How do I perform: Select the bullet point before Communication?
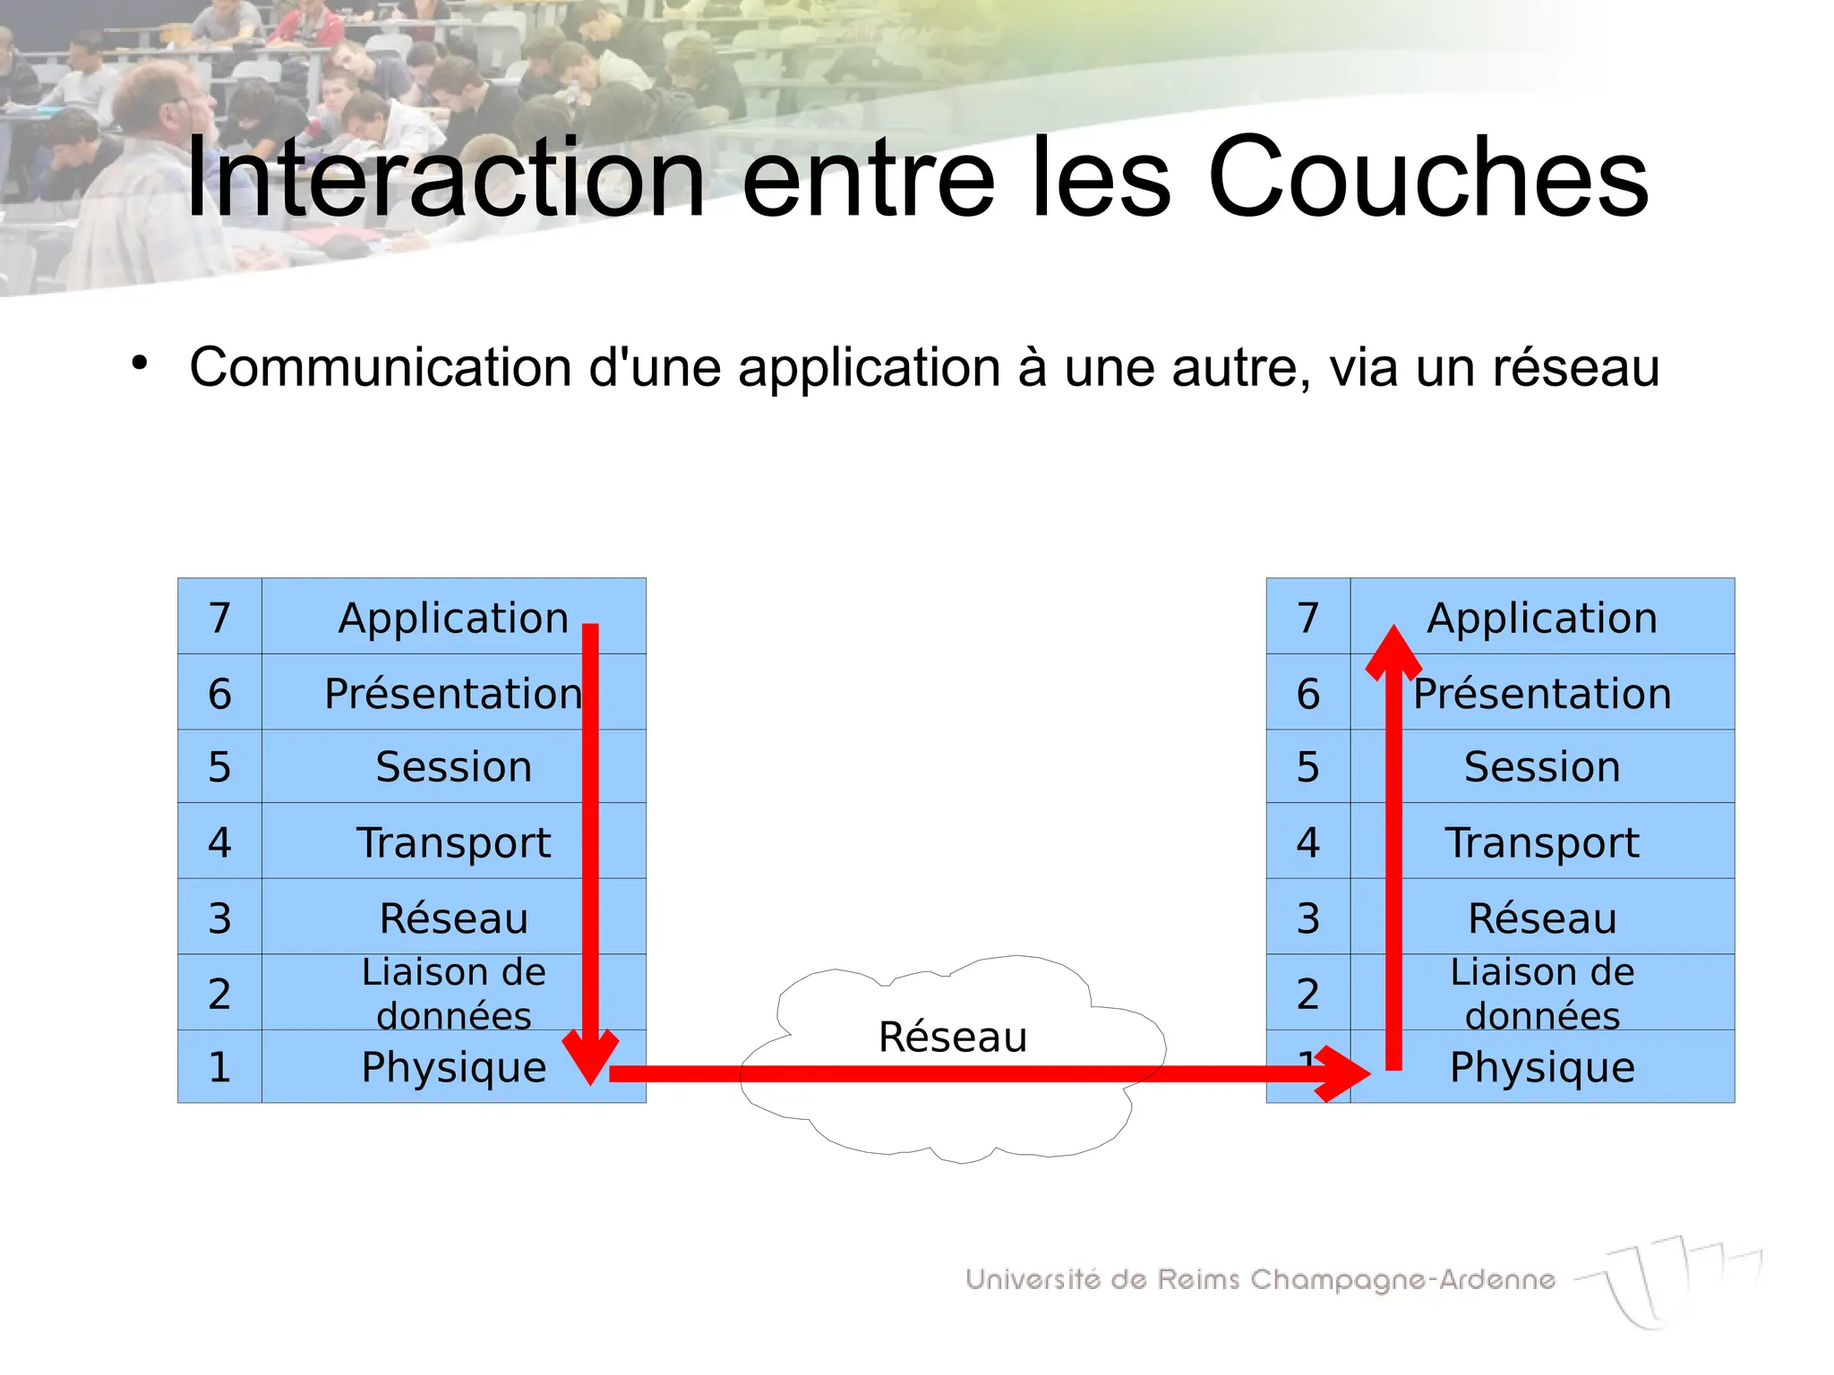coord(139,363)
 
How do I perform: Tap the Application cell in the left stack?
coord(453,618)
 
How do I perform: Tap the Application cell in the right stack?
coord(1542,618)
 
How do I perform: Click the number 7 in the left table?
coord(219,618)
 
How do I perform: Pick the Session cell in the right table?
coord(1542,767)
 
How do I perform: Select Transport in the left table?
coord(453,842)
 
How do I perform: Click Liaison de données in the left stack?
coord(453,994)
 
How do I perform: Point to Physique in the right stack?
coord(1542,1067)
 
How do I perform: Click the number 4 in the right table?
coord(1307,842)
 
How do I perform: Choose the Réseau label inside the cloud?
coord(952,1037)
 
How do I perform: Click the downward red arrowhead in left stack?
coord(590,1056)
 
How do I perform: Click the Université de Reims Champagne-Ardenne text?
coord(1260,1280)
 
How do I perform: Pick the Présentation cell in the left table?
coord(453,694)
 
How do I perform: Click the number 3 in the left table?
coord(219,918)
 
